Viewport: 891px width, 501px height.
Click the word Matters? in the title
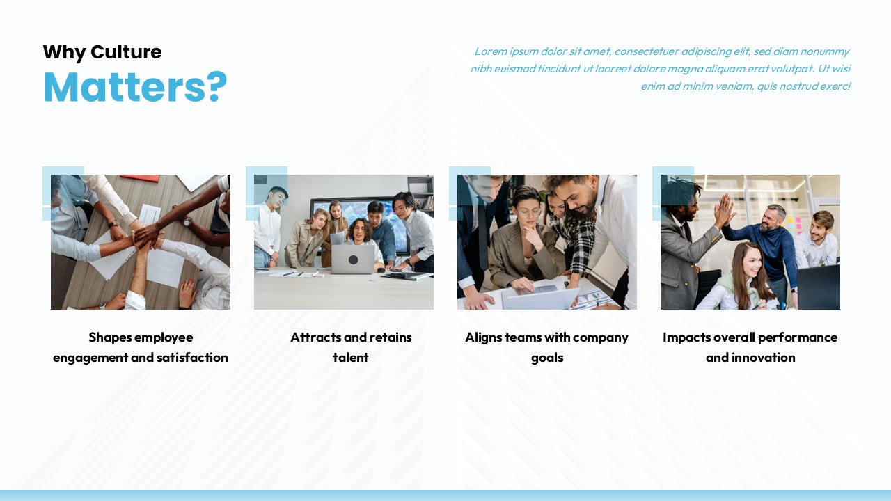point(135,87)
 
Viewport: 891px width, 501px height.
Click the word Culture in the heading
point(126,52)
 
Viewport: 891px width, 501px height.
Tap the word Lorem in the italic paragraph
point(490,51)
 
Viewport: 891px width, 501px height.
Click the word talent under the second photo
point(351,358)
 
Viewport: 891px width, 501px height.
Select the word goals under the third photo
point(547,358)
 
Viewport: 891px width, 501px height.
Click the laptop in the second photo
point(353,259)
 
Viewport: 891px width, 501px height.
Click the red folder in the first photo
point(145,179)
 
